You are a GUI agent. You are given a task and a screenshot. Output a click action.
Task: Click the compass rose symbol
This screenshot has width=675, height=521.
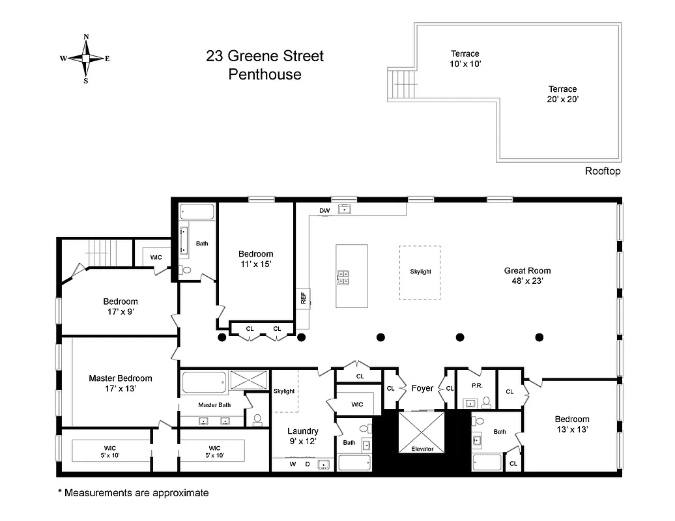tap(85, 58)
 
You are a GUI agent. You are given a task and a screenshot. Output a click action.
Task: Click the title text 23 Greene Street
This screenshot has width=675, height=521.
tap(265, 57)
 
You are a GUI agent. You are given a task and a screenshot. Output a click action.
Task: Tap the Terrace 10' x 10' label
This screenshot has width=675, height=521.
tap(465, 59)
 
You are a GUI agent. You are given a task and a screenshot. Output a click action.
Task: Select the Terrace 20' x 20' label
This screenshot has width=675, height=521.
tap(562, 94)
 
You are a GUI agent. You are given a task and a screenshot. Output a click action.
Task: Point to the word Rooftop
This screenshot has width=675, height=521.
tap(602, 171)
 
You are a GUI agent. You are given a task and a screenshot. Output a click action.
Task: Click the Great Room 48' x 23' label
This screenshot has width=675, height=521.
tap(527, 275)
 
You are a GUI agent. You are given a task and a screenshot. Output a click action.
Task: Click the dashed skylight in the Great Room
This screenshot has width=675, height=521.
tap(420, 272)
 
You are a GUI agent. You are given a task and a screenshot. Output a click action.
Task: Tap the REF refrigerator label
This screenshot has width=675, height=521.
tap(303, 298)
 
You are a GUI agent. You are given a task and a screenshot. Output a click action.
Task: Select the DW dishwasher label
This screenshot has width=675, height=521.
tap(324, 210)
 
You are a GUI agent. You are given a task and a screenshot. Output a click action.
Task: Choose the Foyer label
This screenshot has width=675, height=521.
tap(422, 388)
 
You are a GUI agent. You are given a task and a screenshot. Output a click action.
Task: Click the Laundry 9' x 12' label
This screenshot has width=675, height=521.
tap(303, 436)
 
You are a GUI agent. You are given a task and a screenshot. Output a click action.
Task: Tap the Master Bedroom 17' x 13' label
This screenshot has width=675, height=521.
tap(121, 383)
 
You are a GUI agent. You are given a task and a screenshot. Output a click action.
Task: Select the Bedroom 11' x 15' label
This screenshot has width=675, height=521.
tap(255, 259)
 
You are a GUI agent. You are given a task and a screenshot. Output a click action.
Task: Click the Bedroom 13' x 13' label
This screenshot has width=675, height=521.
tap(572, 424)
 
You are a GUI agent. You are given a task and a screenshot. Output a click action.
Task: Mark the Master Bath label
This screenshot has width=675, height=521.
tap(214, 405)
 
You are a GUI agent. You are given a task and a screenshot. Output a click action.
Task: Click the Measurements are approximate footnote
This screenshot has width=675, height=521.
tap(133, 493)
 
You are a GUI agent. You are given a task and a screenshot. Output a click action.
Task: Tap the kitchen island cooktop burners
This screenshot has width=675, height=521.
tap(343, 278)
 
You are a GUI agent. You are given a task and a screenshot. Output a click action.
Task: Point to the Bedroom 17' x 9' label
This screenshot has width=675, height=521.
tap(121, 306)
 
